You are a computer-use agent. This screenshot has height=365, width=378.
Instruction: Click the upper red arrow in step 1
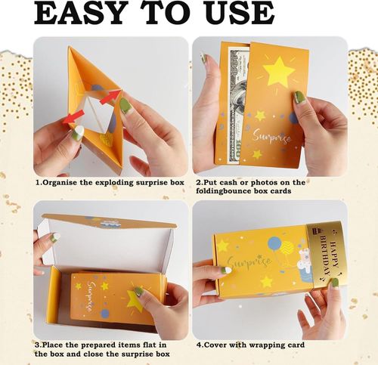pyautogui.click(x=110, y=97)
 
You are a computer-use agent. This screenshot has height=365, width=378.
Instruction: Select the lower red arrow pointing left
pyautogui.click(x=73, y=118)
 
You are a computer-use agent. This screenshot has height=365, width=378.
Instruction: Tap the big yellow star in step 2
pyautogui.click(x=279, y=70)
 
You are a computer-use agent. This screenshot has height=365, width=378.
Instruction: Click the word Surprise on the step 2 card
pyautogui.click(x=271, y=137)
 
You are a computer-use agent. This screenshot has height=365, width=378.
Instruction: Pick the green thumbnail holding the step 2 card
pyautogui.click(x=299, y=97)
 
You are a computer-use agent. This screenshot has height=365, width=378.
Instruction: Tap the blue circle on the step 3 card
pyautogui.click(x=105, y=314)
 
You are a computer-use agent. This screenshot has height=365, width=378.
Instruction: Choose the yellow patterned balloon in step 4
pyautogui.click(x=287, y=248)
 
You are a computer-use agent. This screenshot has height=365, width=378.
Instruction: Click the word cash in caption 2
pyautogui.click(x=228, y=183)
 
